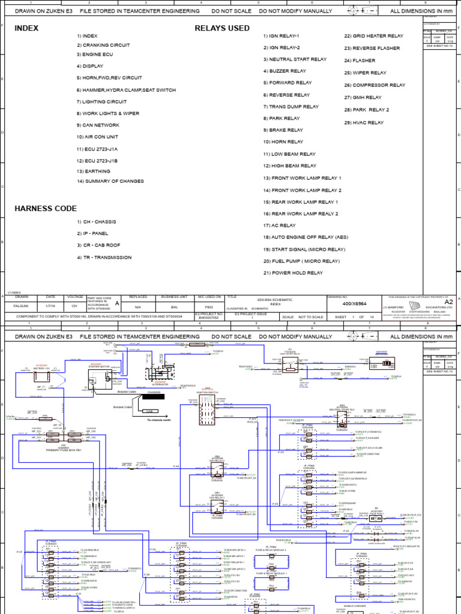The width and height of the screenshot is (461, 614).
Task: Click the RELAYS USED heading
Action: click(x=222, y=28)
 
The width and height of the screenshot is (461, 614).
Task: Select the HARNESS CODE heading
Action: click(x=46, y=209)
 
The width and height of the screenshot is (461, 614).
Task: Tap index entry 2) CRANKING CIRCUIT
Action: click(x=103, y=45)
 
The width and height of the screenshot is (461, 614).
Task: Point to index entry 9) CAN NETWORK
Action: click(x=98, y=125)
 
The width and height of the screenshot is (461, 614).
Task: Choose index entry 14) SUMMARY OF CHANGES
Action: click(x=110, y=181)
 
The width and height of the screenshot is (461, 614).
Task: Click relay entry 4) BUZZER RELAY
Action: click(x=285, y=71)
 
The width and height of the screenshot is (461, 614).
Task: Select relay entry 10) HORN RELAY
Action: click(x=283, y=142)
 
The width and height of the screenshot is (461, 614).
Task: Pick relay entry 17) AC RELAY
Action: click(x=279, y=225)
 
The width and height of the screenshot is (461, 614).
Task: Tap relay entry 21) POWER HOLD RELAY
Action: click(x=293, y=273)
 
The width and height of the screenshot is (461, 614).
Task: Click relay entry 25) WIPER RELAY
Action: click(x=366, y=73)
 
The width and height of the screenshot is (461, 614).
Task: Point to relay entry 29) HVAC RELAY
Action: click(x=364, y=122)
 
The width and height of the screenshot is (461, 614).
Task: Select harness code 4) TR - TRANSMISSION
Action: click(x=104, y=257)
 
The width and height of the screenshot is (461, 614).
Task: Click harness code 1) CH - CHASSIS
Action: click(x=96, y=222)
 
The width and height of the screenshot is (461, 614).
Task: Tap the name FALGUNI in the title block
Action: click(x=22, y=306)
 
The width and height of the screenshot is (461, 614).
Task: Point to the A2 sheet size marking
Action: click(x=448, y=302)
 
